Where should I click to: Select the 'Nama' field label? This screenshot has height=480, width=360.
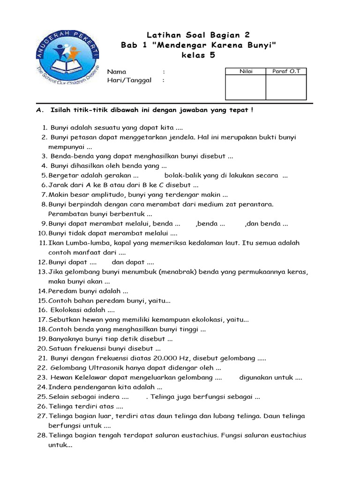click(x=117, y=72)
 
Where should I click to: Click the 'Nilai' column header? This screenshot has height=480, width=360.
click(x=246, y=71)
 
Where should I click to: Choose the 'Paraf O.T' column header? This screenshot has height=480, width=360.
click(x=286, y=71)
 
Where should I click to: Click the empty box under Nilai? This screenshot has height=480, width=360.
click(x=246, y=87)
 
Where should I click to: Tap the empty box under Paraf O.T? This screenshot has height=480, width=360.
click(x=286, y=87)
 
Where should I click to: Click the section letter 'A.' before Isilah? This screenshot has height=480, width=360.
click(x=40, y=110)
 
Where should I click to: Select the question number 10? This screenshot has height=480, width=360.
click(x=42, y=233)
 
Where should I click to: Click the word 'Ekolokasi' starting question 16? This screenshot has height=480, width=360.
click(x=65, y=310)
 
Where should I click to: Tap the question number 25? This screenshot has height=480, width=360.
click(x=42, y=397)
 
